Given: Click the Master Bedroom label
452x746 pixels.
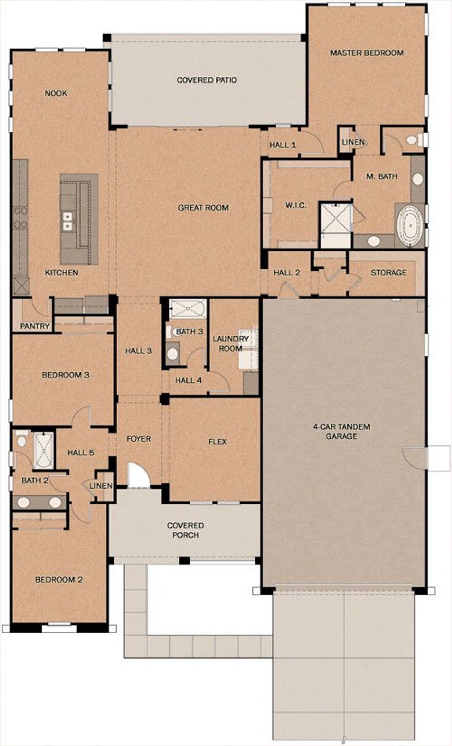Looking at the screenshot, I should point(367,53).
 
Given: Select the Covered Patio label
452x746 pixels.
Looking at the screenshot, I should point(207,80).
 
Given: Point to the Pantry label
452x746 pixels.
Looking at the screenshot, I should point(35,326).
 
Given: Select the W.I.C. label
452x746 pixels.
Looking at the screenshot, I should point(296,205).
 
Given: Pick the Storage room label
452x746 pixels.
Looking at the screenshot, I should point(388,273).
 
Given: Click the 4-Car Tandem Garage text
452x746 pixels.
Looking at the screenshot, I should point(341,431).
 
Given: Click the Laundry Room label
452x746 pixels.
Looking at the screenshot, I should point(230,344).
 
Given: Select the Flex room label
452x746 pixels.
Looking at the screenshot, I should point(217,442).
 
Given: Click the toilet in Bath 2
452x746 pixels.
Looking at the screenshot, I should point(22,440).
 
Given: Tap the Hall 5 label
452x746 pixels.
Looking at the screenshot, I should point(81,453).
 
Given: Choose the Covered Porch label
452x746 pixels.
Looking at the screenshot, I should point(185,530).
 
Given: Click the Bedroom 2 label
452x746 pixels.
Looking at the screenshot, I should point(59,580).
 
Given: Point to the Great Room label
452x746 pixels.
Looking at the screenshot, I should point(203,208).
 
